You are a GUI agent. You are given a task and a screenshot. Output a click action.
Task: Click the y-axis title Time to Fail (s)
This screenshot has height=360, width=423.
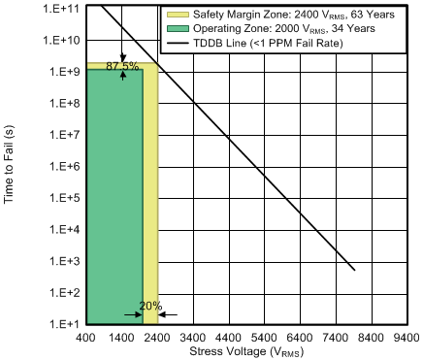coord(12,166)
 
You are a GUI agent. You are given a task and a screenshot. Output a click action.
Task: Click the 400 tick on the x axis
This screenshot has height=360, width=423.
coord(86,338)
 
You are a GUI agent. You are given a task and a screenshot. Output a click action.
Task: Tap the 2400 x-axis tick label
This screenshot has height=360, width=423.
coord(157,338)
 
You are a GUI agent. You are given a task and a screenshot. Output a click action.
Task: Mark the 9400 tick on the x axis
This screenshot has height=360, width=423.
coord(407,338)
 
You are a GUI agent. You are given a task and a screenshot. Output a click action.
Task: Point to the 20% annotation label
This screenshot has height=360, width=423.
coord(149,306)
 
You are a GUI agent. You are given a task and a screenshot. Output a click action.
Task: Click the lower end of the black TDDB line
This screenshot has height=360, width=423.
coord(355,270)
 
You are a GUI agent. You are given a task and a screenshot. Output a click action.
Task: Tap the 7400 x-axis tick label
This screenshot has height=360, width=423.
coord(336,338)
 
